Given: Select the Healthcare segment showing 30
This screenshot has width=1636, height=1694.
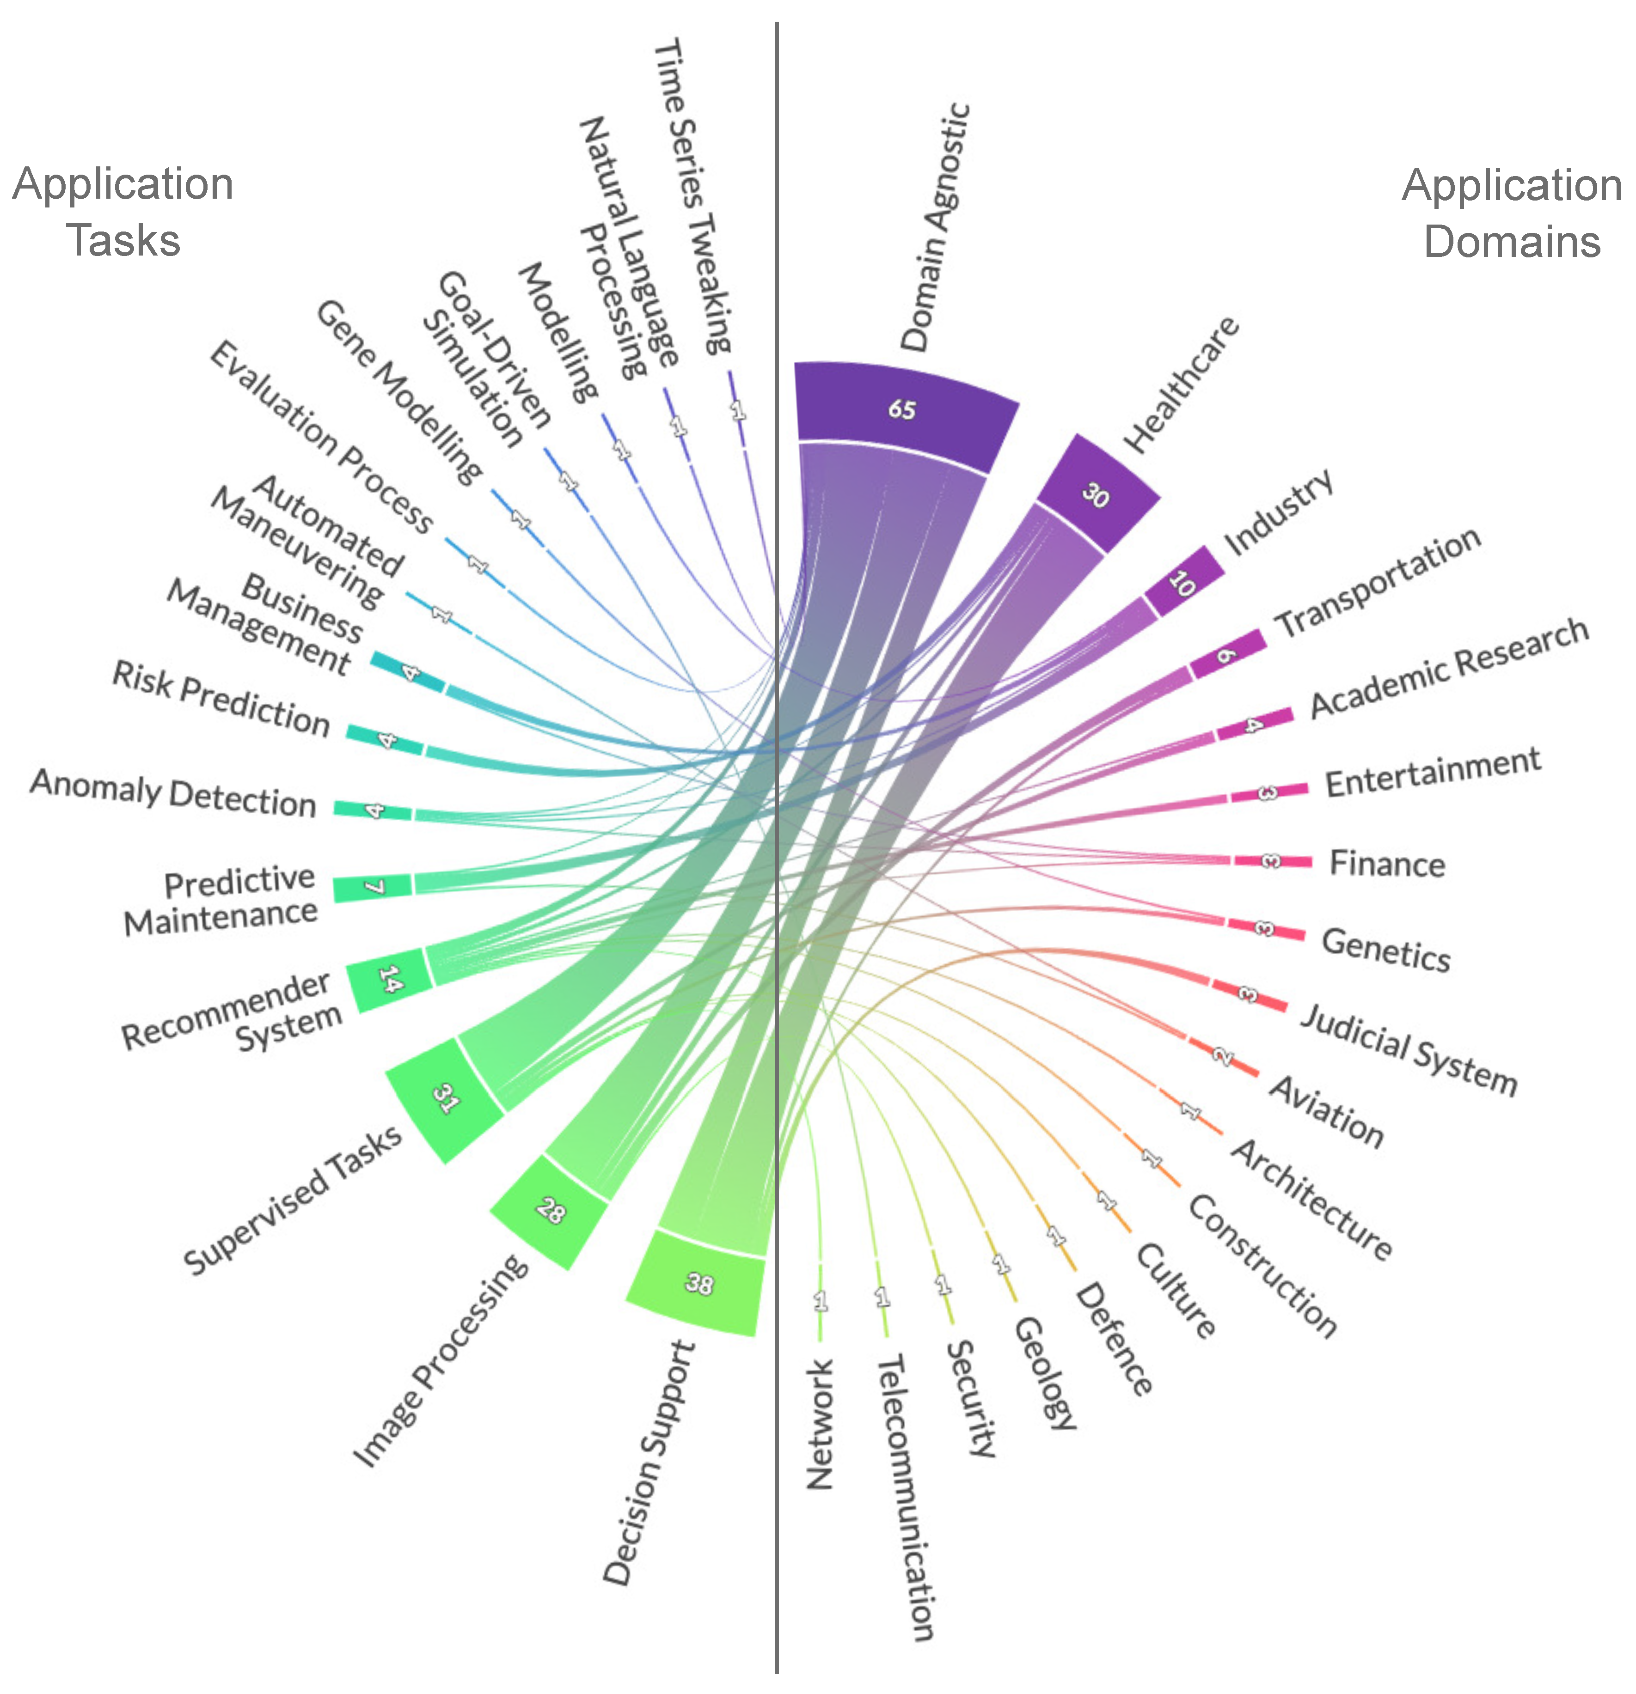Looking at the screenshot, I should [1097, 494].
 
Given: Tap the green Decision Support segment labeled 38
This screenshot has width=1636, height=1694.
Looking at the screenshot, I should [699, 1283].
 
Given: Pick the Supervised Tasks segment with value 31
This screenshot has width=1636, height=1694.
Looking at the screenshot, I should [445, 1099].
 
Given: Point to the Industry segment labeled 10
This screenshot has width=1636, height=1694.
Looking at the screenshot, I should [1183, 584].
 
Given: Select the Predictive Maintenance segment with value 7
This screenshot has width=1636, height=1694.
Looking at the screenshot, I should [373, 888].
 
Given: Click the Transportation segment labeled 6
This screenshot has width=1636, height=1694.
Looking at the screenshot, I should [1226, 655].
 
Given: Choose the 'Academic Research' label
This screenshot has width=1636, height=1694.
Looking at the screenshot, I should [1449, 667].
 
